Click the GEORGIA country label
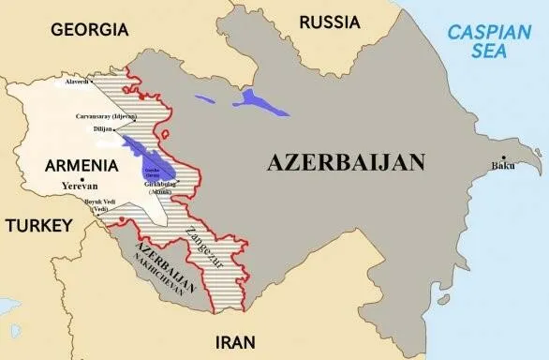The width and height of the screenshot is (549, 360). tap(89, 29)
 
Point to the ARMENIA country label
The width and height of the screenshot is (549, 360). tap(82, 165)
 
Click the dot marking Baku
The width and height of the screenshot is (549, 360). tap(504, 157)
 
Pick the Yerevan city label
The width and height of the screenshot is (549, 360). tap(81, 186)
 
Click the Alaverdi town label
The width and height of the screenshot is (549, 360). tap(78, 82)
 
